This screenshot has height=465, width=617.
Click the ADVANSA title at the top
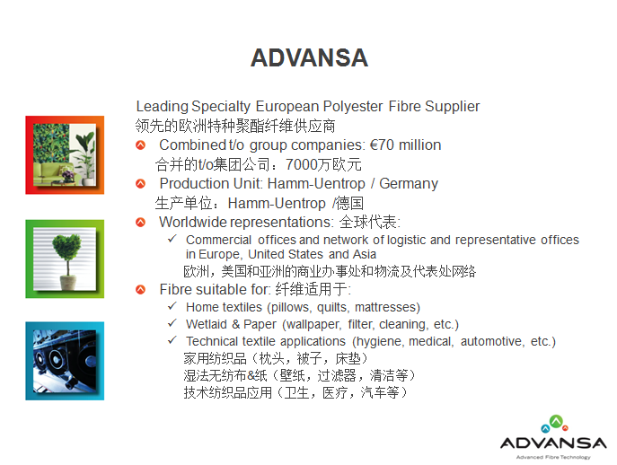point(309,57)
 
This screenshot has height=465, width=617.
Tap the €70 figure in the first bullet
point(382,145)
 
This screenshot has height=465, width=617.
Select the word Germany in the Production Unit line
point(409,184)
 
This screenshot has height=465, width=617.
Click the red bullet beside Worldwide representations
point(140,223)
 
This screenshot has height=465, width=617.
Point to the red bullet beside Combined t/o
point(140,145)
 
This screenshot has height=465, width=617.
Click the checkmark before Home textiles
point(172,306)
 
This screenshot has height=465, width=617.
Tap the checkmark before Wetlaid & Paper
point(172,323)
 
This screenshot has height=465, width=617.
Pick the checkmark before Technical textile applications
point(172,340)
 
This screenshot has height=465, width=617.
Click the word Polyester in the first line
point(353,107)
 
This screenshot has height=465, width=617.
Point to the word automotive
point(493,341)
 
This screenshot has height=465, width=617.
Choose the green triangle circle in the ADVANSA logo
point(556,422)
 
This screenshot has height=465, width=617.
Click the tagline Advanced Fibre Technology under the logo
point(553,457)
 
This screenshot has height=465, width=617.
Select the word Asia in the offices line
point(365,255)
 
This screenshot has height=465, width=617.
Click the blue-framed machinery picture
point(65,361)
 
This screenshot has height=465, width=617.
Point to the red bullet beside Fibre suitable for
point(140,290)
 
